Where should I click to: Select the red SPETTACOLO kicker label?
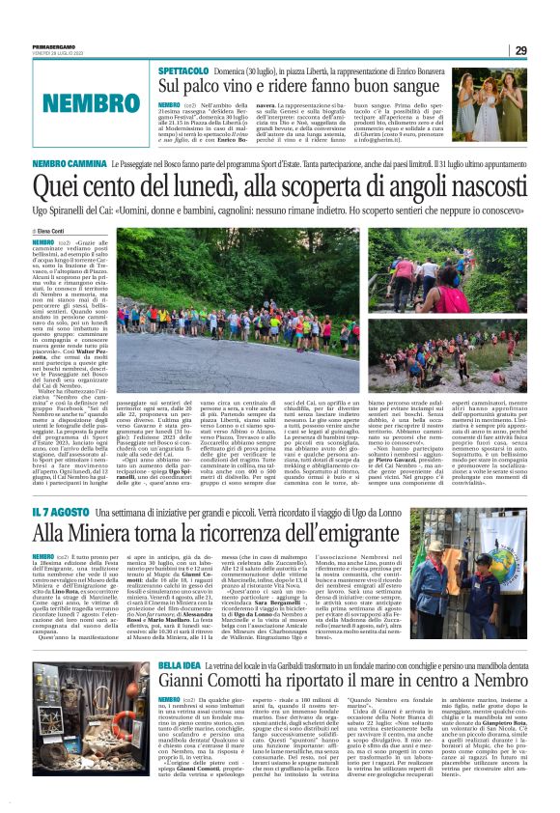click(181, 70)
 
